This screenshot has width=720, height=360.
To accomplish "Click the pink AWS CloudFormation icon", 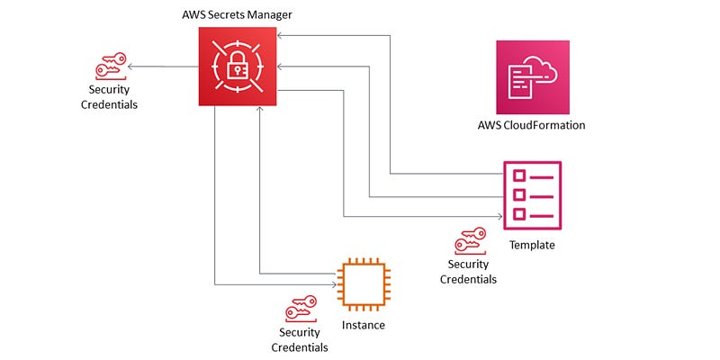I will (x=532, y=77).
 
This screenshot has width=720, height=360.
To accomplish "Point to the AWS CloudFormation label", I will (x=532, y=125).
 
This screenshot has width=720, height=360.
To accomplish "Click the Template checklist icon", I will (x=532, y=193).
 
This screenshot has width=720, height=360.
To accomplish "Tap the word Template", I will (x=532, y=245).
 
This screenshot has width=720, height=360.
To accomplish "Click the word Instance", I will (x=364, y=325).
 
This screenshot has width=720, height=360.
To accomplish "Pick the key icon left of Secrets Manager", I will (x=112, y=70).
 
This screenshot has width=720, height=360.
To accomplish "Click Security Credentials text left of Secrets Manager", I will (x=112, y=97).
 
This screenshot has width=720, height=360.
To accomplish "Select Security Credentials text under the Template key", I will (x=468, y=272).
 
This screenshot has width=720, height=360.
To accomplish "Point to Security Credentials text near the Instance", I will (x=300, y=339).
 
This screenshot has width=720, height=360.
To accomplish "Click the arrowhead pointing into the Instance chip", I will (x=334, y=284).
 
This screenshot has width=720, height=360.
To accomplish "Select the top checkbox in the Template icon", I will (x=518, y=174).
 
